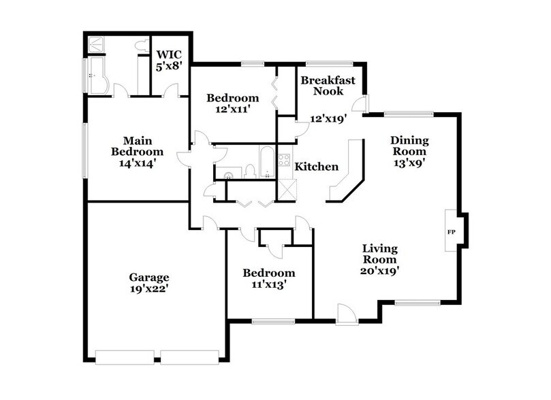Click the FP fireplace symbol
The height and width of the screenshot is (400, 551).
pyautogui.click(x=451, y=232)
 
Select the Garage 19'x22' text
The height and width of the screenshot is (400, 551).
pyautogui.click(x=148, y=283)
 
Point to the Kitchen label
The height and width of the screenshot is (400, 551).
pyautogui.click(x=316, y=167)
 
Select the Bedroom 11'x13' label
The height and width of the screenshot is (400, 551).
pyautogui.click(x=269, y=279)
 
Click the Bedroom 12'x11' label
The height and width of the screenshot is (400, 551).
pyautogui.click(x=233, y=103)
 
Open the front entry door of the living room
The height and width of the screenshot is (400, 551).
pyautogui.click(x=347, y=314)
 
